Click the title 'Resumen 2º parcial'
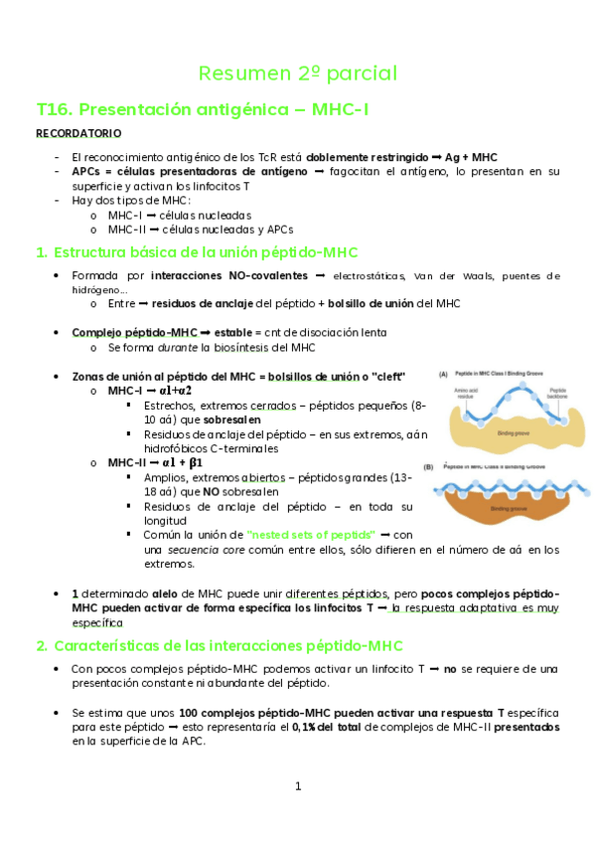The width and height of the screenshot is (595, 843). pyautogui.click(x=298, y=74)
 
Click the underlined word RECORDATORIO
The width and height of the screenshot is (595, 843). pyautogui.click(x=78, y=133)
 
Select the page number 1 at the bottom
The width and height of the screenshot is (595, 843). pyautogui.click(x=297, y=786)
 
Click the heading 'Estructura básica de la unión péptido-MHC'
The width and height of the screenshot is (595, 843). pyautogui.click(x=205, y=253)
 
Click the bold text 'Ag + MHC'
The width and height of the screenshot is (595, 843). pyautogui.click(x=471, y=157)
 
